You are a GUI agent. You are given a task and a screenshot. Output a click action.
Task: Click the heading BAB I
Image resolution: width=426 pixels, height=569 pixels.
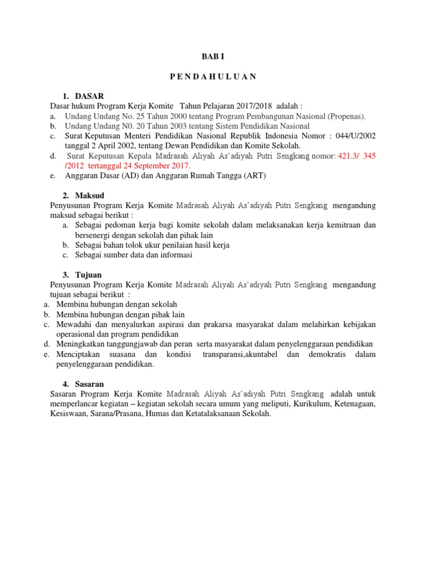click(213, 57)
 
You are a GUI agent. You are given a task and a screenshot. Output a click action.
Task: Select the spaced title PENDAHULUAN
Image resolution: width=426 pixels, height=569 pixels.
click(213, 77)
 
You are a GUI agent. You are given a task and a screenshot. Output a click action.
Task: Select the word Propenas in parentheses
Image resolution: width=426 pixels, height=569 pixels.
click(345, 116)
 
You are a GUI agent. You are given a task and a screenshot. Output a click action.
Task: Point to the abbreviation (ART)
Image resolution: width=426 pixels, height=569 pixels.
click(255, 176)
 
